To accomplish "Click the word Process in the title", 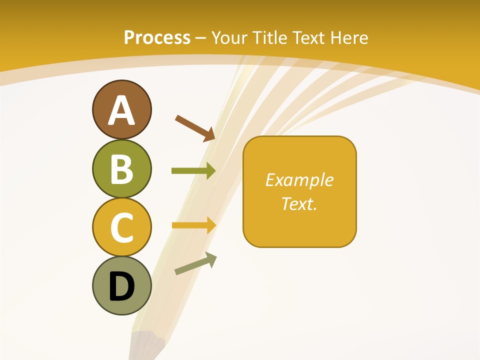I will coord(157,37).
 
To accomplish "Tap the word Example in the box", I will coord(299,180).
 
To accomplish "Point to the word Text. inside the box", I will coord(299,203).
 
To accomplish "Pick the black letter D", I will coord(121,287).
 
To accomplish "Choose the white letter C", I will coord(121,228).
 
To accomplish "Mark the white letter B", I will coord(121,169).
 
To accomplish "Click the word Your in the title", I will coord(230,37).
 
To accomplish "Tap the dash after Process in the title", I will coord(201,38).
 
